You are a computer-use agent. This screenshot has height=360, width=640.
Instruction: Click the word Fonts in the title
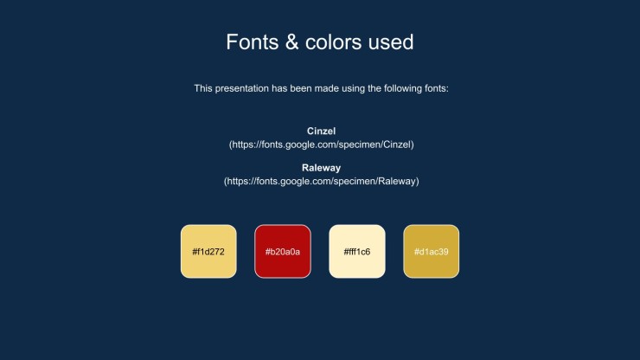[253, 42]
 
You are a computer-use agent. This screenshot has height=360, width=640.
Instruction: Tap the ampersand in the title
[291, 42]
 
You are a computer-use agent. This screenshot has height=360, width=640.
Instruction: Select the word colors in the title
[334, 42]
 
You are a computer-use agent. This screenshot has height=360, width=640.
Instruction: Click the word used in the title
[391, 42]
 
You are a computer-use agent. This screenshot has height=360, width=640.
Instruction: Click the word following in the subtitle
[402, 88]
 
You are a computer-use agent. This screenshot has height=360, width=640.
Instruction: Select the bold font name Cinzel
[321, 132]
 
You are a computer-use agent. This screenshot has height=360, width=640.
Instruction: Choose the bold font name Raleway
[321, 168]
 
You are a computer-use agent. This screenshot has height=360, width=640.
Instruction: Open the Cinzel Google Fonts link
[321, 145]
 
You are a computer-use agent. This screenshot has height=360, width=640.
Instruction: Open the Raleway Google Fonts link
[321, 181]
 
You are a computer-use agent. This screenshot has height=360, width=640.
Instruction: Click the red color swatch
[283, 251]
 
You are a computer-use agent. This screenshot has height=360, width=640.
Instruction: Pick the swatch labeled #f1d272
[208, 251]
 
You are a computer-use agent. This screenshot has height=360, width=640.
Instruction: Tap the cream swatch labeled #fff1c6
[357, 251]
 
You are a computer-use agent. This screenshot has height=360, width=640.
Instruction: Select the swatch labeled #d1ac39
[431, 251]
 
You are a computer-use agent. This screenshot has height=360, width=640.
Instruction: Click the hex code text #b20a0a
[283, 252]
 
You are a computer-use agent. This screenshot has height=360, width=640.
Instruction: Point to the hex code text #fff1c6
[357, 252]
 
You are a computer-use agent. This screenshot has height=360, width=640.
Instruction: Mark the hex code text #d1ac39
[431, 252]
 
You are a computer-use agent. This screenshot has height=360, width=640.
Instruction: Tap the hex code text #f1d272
[208, 252]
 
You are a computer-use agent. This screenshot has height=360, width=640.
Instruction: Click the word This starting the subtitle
[203, 88]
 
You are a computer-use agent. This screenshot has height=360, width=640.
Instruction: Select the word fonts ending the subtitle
[437, 88]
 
